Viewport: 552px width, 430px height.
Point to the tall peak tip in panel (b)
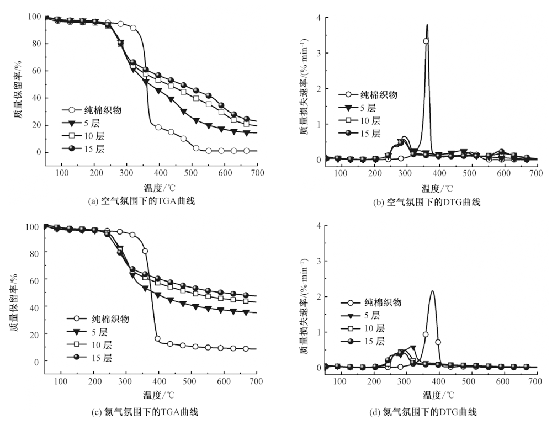click(x=427, y=25)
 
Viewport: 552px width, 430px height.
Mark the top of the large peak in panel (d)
click(x=432, y=291)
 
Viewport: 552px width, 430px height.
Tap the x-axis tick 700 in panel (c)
click(x=257, y=381)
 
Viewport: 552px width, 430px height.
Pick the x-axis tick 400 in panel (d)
click(x=439, y=381)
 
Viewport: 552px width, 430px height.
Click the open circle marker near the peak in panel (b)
click(x=426, y=41)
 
